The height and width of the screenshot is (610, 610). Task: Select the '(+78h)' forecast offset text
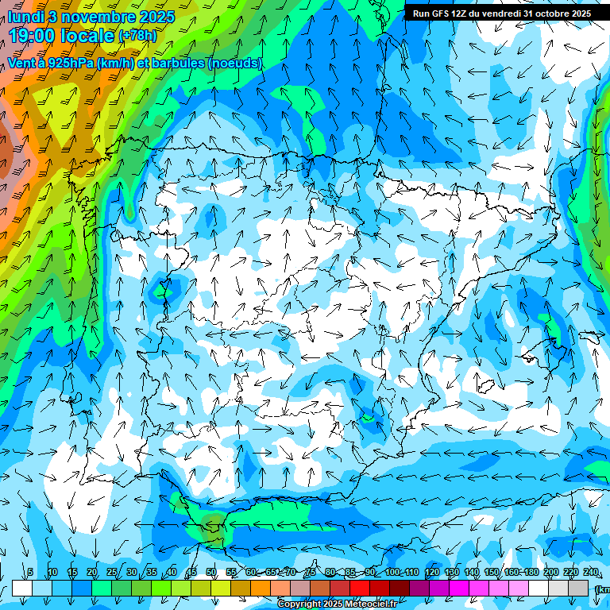coord(137,36)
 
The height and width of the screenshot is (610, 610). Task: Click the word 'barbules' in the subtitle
coord(176,63)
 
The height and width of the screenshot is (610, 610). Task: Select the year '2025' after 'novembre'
coord(156,16)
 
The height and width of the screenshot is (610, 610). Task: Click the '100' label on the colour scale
coord(392,572)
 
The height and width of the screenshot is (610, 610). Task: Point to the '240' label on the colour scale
coord(591,572)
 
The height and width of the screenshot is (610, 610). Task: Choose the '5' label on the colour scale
coord(30,572)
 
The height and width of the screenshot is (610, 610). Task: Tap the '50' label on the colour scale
coord(211,572)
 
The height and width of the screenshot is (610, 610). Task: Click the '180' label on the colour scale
coord(530,572)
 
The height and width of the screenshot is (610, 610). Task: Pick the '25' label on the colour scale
coord(112,572)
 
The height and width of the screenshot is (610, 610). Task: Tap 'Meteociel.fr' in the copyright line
coord(362,604)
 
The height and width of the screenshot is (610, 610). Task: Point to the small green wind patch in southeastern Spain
coord(368,416)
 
